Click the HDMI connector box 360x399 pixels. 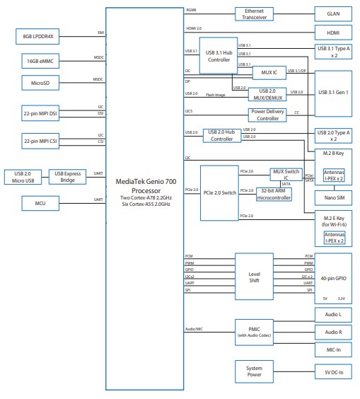[x=334, y=33]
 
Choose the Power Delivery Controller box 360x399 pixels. [x=267, y=115]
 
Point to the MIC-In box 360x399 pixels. [x=334, y=349]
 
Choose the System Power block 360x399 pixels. [x=253, y=371]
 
